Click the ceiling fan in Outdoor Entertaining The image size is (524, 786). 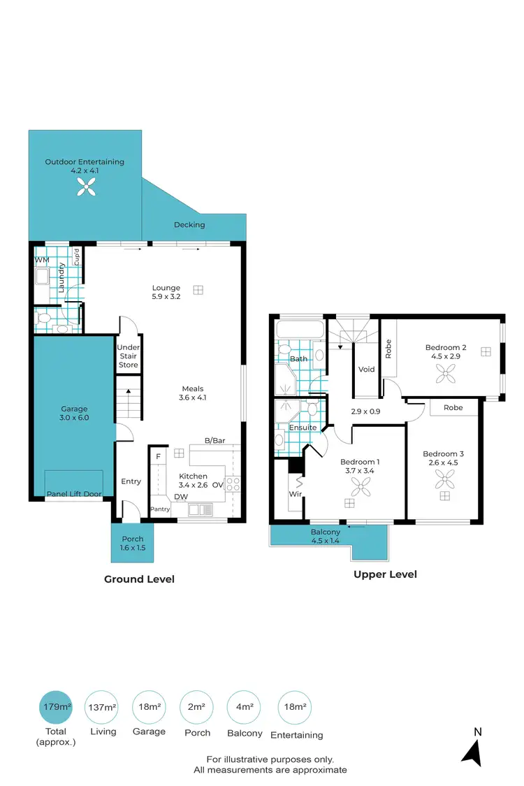85,185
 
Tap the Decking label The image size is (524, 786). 189,225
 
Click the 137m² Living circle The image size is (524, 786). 102,708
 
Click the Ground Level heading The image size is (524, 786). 139,579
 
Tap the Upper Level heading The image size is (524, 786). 385,574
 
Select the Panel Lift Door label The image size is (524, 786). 74,495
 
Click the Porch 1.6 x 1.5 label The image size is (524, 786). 133,544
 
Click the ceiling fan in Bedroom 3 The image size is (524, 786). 444,479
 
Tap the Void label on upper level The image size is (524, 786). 366,370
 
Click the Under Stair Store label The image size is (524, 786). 128,356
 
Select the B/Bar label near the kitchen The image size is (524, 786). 214,441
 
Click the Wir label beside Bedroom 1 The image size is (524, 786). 295,494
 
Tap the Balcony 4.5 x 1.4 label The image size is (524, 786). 326,536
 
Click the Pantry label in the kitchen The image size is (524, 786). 160,509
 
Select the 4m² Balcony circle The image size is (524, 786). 245,708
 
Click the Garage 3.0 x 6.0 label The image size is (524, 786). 73,414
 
